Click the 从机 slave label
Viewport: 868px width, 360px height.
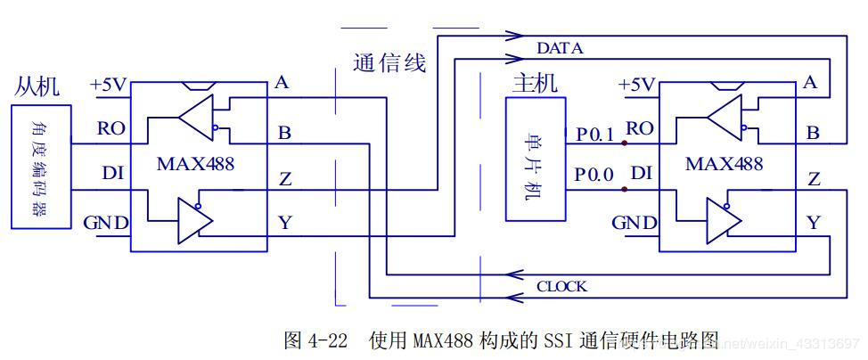(x=37, y=86)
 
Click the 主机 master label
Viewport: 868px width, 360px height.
(x=535, y=84)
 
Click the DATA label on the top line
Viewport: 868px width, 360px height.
(x=560, y=48)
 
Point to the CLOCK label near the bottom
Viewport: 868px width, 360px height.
(x=561, y=287)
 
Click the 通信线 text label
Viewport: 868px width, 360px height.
(x=389, y=62)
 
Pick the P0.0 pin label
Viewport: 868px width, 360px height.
(x=594, y=175)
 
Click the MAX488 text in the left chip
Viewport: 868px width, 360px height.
(x=194, y=164)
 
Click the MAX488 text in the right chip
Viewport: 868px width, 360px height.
(x=724, y=164)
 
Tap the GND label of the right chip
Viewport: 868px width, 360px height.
(x=636, y=222)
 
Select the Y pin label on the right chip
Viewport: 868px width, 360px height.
(x=813, y=222)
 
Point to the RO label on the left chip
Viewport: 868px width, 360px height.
(x=111, y=128)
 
